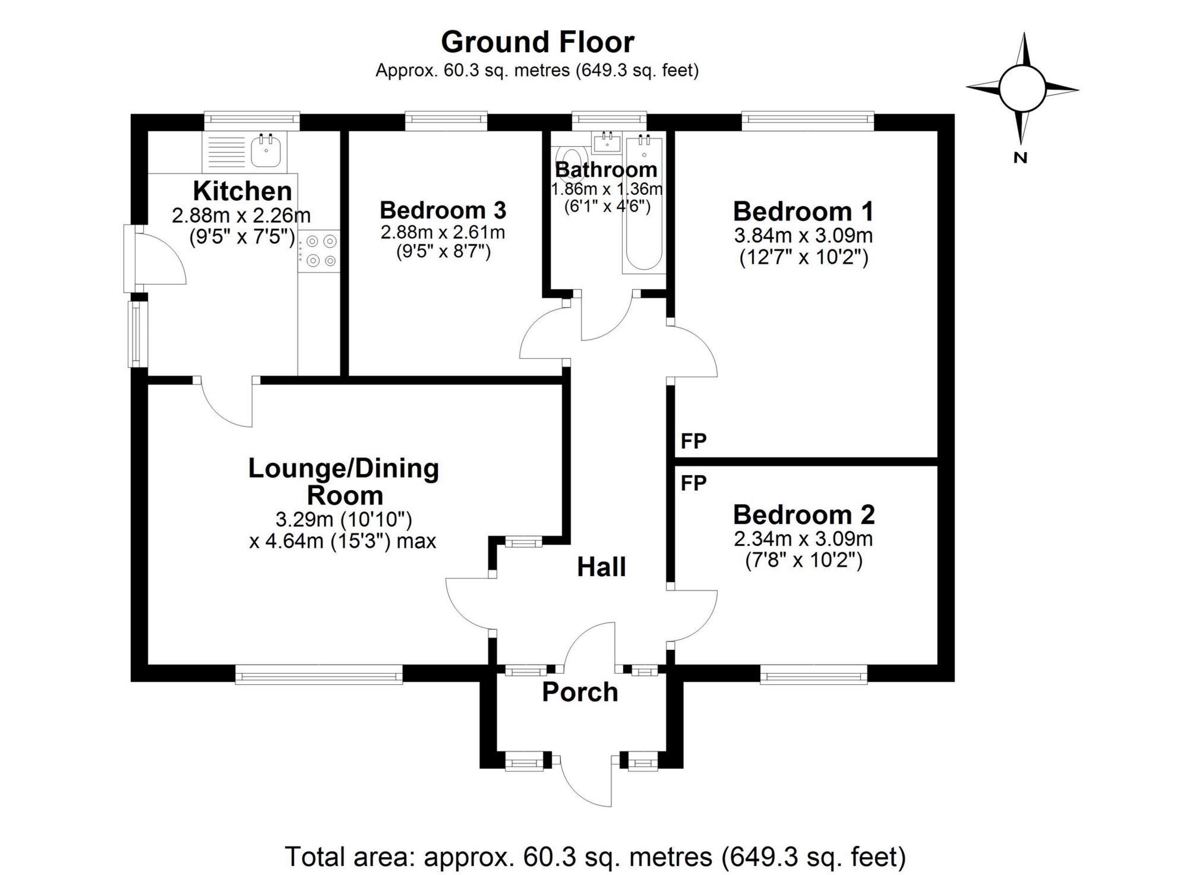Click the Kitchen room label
242,191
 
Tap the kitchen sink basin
266,151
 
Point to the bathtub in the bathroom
644,204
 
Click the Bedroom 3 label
443,210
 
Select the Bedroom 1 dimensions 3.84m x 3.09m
803,236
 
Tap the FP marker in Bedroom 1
693,441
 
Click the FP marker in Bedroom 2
693,483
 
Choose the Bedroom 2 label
804,514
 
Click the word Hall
601,567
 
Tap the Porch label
580,693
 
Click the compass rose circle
1022,89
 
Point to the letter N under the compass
1021,158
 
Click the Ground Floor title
538,42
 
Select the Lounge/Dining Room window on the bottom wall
319,674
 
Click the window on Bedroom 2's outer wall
813,674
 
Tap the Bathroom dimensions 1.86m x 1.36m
607,189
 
